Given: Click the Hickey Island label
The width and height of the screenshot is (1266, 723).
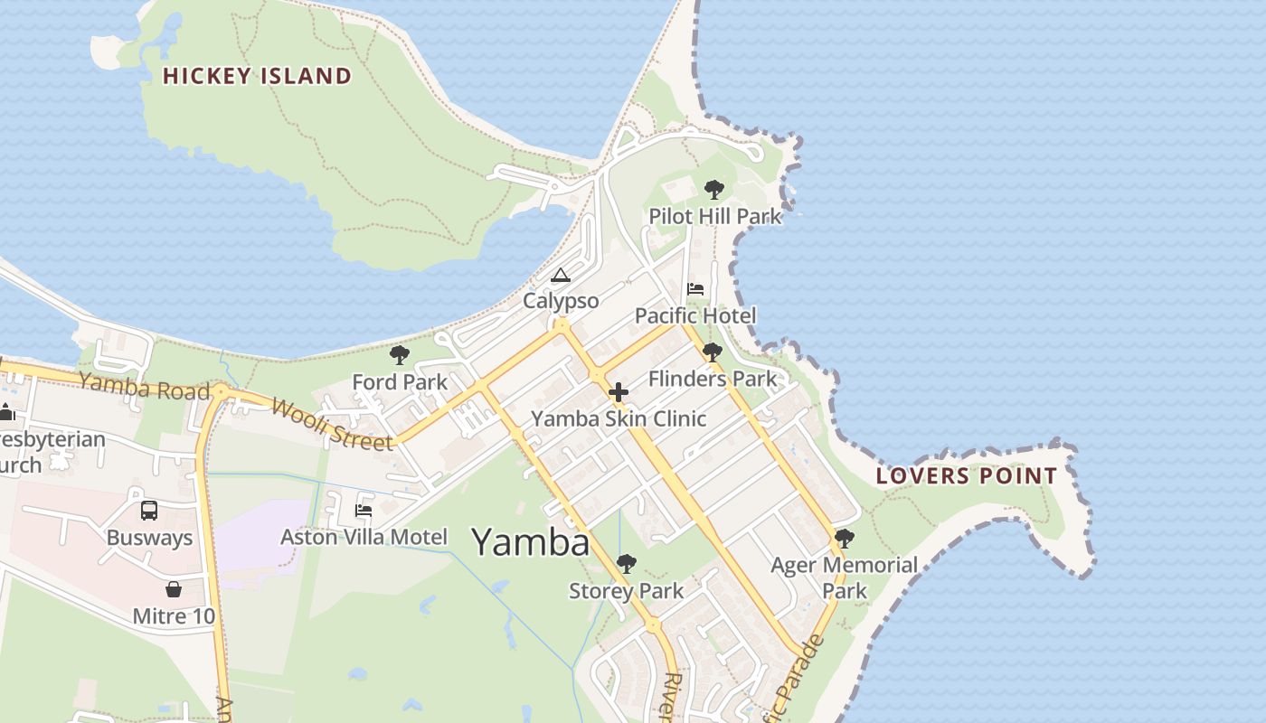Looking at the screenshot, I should click(257, 76).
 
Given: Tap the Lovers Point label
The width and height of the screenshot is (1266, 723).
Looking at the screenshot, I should click(967, 476).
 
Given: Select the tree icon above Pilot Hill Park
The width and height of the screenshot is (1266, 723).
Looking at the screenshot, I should click(714, 190).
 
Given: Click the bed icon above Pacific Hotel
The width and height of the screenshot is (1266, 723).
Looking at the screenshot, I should click(695, 289).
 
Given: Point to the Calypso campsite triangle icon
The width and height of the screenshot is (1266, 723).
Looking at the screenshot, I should click(561, 275).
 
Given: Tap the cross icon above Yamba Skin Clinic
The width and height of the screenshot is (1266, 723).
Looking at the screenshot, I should click(619, 392).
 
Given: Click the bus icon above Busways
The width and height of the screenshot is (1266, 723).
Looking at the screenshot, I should click(149, 511).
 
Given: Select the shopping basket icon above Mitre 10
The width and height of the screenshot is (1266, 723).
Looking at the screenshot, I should click(174, 589).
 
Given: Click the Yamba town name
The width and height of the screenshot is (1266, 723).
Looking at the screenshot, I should click(531, 542).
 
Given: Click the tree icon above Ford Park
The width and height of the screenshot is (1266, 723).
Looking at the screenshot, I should click(399, 355).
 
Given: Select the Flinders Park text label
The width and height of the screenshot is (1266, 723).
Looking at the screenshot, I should click(713, 379).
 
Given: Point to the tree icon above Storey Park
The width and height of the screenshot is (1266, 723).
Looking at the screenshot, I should click(626, 565).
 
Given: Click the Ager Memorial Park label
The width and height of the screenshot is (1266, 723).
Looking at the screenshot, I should click(844, 577).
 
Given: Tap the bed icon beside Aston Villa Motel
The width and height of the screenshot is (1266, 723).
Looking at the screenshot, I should click(364, 511).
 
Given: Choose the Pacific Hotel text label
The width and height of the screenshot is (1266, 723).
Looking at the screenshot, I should click(695, 315).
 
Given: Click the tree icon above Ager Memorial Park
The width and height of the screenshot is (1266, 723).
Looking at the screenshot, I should click(845, 539).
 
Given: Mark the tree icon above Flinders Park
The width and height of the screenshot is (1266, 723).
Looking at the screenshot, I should click(713, 352).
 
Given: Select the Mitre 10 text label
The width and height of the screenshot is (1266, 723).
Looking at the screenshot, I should click(174, 616).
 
